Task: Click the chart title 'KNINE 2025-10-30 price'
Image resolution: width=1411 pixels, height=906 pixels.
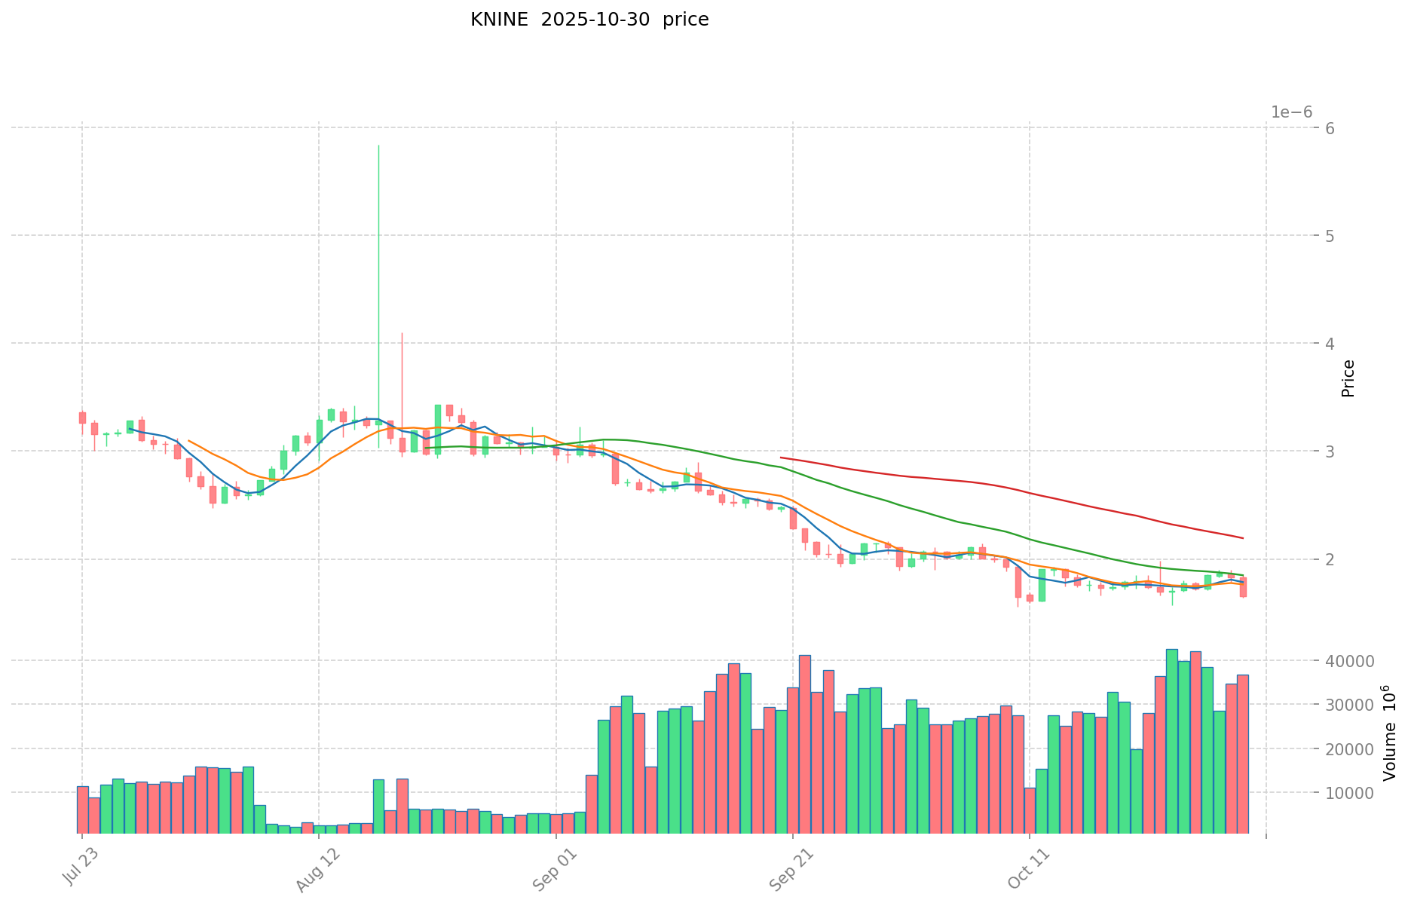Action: tap(589, 20)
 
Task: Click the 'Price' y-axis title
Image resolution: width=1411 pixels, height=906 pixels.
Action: tap(1348, 378)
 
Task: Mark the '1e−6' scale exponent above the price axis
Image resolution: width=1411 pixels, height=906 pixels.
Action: tap(1291, 112)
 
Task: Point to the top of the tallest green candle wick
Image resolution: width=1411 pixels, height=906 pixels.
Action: tap(378, 145)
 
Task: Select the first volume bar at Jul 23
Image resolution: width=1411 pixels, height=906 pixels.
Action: tap(83, 810)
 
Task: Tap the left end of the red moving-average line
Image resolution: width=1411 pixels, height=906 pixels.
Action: tap(781, 458)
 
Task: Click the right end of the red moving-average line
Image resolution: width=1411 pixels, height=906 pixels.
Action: tap(1242, 537)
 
